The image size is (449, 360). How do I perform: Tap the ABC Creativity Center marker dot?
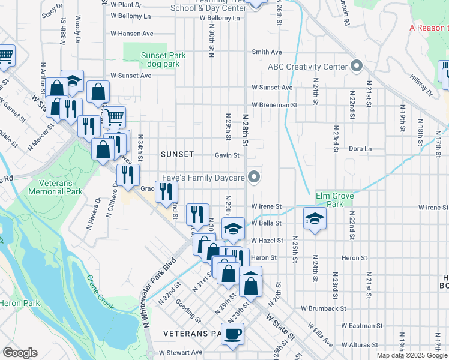[357, 66]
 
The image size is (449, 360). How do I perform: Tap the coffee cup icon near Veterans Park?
[232, 333]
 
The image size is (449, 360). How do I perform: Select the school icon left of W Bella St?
[234, 227]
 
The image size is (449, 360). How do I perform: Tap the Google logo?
[20, 353]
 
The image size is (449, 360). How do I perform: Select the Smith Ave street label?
[267, 52]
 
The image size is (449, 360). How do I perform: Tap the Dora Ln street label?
[360, 148]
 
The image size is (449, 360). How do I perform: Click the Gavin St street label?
[227, 155]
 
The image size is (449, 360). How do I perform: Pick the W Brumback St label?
[324, 308]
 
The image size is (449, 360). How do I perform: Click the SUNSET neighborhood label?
[178, 154]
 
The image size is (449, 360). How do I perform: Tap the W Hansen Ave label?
[131, 34]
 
